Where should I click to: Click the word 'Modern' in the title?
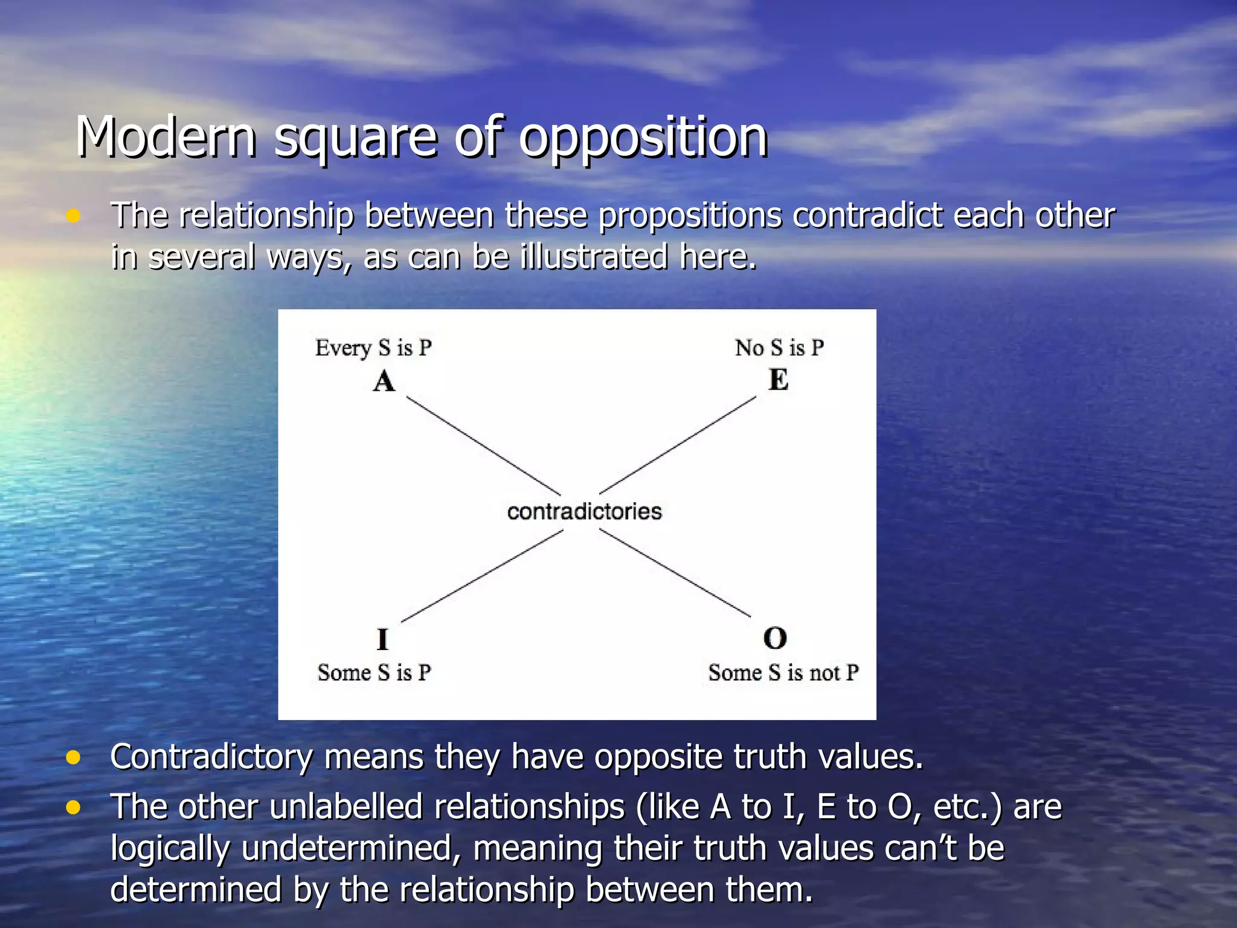coord(167,138)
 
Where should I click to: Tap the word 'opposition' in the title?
coord(643,138)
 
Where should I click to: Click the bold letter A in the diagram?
coord(384,382)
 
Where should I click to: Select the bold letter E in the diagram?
coord(778,381)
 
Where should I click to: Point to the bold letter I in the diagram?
coord(382,639)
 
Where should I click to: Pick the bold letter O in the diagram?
coord(775,638)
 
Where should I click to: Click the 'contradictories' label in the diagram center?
coord(584,512)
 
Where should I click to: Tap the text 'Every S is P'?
coord(373,348)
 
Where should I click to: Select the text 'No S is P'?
coord(779,348)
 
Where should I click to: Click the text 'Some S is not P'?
coord(783,672)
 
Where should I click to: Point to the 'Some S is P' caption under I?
coord(374,672)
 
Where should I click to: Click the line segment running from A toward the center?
coord(483,445)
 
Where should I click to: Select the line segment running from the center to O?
coord(675,573)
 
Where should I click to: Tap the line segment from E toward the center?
coord(678,445)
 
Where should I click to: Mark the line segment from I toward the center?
coord(482,576)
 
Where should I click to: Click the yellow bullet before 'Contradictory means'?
coord(73,757)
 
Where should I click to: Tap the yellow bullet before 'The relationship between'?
coord(73,216)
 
